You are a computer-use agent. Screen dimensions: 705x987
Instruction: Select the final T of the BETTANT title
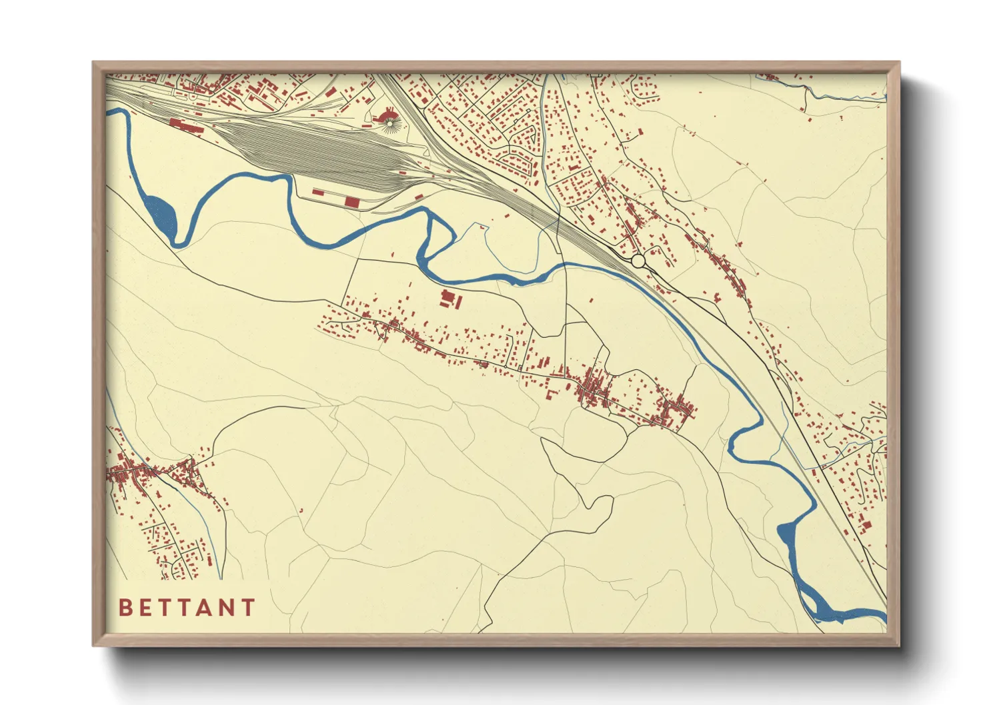pyautogui.click(x=248, y=608)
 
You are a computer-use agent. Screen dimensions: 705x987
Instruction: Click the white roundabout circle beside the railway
pyautogui.click(x=638, y=261)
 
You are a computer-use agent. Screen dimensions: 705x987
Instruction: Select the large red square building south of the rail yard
pyautogui.click(x=351, y=201)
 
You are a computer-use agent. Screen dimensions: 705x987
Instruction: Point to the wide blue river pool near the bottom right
pyautogui.click(x=787, y=536)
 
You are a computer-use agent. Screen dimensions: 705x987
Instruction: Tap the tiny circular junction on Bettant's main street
pyautogui.click(x=520, y=368)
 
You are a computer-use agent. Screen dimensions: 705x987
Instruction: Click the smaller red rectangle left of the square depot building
pyautogui.click(x=318, y=193)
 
